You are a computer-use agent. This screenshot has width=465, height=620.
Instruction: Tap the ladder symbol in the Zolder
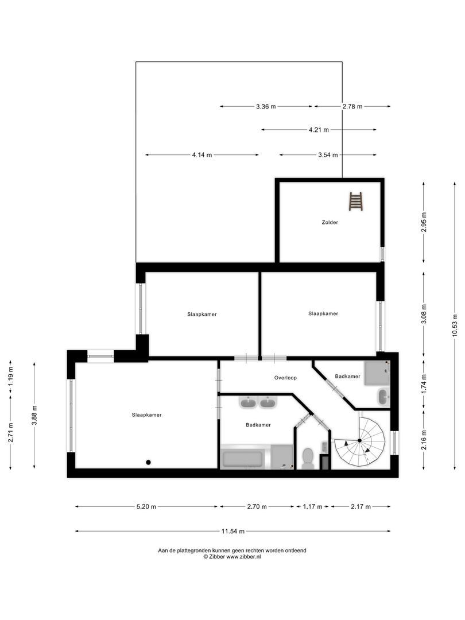coord(356,201)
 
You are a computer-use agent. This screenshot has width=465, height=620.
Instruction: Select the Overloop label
coord(285,378)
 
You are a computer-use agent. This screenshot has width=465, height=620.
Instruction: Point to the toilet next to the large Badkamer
coord(308,459)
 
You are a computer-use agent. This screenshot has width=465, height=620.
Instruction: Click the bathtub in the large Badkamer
coord(242,459)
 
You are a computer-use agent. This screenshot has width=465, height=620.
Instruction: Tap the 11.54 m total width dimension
coord(233,531)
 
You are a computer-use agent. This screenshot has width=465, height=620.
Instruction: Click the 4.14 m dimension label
coord(202,155)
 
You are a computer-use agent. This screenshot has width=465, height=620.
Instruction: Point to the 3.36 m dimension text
coord(266,106)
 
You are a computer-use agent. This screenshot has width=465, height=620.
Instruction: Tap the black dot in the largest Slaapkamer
coord(148,462)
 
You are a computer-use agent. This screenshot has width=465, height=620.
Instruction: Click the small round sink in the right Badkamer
coord(383,396)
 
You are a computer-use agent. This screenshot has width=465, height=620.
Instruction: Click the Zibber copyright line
coord(232,557)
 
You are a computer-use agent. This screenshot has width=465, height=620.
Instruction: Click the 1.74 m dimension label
coord(424,383)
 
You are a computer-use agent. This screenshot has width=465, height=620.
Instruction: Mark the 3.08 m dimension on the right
coord(424,313)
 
